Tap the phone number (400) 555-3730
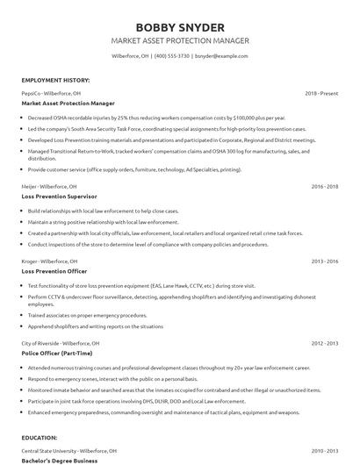(x=173, y=55)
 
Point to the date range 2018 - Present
(x=321, y=92)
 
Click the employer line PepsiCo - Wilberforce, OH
(x=52, y=92)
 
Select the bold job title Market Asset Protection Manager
(x=68, y=103)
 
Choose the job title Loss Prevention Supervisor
(x=59, y=197)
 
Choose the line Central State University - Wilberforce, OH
(x=74, y=450)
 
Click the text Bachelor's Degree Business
(x=60, y=461)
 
